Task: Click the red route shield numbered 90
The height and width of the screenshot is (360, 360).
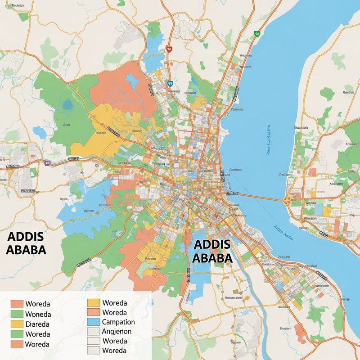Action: coord(169,49)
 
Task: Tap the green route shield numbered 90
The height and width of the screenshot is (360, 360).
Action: coord(257,34)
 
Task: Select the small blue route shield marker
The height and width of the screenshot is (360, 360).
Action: coord(170,83)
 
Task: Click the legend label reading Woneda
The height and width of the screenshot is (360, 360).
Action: coord(38,314)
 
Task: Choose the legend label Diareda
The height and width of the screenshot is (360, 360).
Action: coord(38,324)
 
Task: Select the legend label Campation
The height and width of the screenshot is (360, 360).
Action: coord(118,322)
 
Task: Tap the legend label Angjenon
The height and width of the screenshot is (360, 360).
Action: coord(117,331)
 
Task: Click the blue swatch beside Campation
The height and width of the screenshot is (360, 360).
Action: coord(93,322)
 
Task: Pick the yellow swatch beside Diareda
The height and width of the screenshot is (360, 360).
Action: coord(17,324)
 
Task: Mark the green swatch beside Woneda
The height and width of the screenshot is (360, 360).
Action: coord(17,314)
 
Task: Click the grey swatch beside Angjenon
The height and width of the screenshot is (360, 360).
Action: coord(93,332)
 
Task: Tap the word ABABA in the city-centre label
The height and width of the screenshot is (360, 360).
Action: coord(212,257)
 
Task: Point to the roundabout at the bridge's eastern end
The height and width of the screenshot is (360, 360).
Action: coord(288,199)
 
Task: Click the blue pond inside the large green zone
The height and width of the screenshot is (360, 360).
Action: coord(67,104)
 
